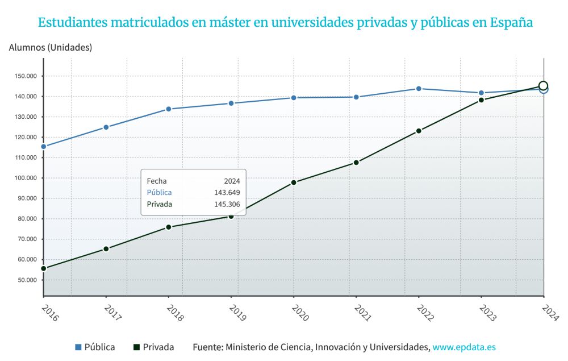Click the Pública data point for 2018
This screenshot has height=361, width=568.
(x=169, y=109)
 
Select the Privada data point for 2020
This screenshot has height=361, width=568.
(x=294, y=182)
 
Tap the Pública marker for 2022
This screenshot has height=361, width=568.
(x=419, y=89)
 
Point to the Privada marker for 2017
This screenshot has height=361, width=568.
(x=106, y=249)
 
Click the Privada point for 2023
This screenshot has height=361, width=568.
(x=481, y=100)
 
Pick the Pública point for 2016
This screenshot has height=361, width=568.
(x=44, y=147)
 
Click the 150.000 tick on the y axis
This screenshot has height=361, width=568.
(x=25, y=76)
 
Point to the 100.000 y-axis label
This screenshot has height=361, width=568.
(x=25, y=178)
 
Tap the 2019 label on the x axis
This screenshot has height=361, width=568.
(x=237, y=313)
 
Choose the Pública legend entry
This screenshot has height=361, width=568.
(x=95, y=347)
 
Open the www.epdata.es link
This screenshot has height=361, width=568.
(x=464, y=347)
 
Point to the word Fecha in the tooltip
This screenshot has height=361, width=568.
(x=157, y=181)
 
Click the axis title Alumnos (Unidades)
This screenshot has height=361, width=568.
(x=51, y=48)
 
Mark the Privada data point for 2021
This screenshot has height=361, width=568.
(x=356, y=163)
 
